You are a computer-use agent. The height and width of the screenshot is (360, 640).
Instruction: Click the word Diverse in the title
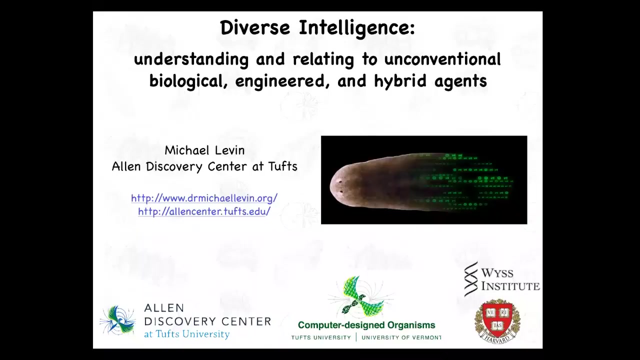(255, 27)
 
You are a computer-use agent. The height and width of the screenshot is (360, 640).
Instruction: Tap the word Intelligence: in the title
(357, 28)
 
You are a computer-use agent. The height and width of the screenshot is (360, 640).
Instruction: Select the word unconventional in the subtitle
(442, 59)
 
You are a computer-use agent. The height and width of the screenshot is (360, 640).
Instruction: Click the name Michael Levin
(204, 150)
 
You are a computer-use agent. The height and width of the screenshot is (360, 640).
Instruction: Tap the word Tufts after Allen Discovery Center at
(283, 166)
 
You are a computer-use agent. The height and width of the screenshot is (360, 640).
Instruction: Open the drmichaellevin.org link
(204, 198)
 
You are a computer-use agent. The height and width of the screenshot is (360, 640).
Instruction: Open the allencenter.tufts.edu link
(204, 211)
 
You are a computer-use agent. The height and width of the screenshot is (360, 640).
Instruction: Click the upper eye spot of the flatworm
(340, 181)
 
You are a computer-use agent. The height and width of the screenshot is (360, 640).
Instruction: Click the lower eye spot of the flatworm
(341, 191)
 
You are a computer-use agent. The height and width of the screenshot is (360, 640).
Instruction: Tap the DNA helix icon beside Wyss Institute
(470, 279)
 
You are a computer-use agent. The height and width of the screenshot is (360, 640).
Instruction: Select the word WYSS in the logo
(497, 273)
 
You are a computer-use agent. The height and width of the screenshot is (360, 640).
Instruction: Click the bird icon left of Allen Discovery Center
(118, 319)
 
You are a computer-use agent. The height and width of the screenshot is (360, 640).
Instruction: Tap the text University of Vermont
(401, 337)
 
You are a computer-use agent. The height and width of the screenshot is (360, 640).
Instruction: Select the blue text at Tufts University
(187, 334)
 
